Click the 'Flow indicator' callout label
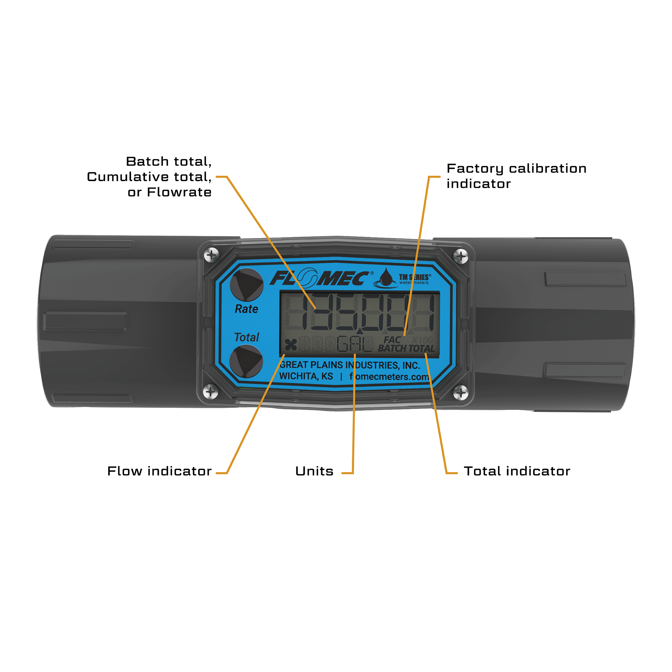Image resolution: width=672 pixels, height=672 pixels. coord(159,471)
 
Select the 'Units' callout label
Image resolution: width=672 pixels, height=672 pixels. coord(314,471)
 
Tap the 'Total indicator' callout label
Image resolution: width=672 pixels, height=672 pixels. coord(517,471)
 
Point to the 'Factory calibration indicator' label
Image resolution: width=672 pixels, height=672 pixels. coord(516,176)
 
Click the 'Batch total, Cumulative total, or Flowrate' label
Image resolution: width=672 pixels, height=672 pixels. coord(149,177)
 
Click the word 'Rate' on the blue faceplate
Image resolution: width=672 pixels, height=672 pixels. coord(246,309)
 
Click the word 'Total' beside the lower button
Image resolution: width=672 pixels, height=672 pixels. coord(247,337)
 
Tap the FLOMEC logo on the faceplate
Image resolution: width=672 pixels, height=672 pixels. coord(320,279)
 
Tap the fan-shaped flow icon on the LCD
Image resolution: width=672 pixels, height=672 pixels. coord(291,345)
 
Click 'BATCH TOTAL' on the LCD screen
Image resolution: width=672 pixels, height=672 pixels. coord(406,348)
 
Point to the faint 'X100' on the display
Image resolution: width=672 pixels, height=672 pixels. coord(422,340)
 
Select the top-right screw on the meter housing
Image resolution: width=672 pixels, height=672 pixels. coord(461,257)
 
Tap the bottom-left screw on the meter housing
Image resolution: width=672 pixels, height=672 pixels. coord(211,392)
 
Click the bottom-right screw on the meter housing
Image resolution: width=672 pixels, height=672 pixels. coord(461,393)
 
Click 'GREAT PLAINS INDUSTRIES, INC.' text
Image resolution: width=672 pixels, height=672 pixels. coord(349,365)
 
